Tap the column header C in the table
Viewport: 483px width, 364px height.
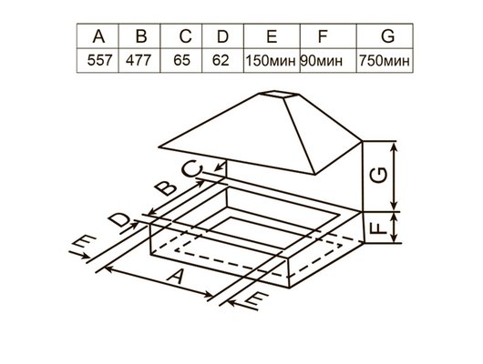pyautogui.click(x=184, y=37)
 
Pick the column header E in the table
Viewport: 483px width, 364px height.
pyautogui.click(x=271, y=37)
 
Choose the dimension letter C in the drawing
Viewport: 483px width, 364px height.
pyautogui.click(x=192, y=169)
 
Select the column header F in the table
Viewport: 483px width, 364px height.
pyautogui.click(x=322, y=37)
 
